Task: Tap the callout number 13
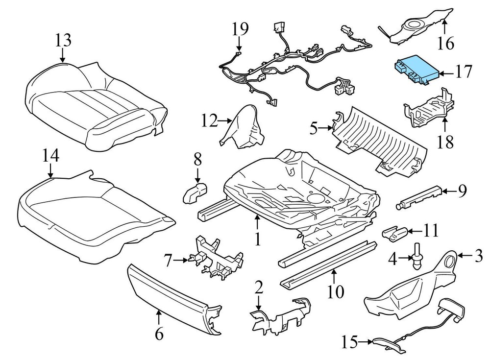[63, 40]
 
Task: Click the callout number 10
[336, 292]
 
